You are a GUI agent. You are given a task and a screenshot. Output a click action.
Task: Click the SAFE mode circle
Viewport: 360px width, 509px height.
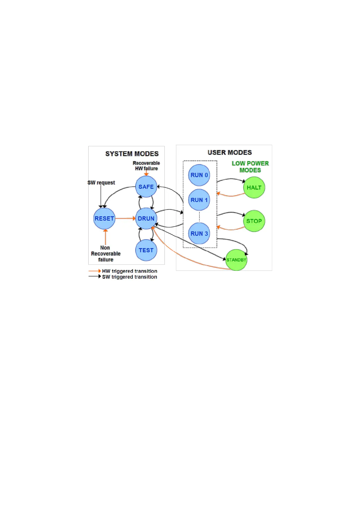click(146, 187)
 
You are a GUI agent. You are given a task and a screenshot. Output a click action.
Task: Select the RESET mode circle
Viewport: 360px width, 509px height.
click(104, 219)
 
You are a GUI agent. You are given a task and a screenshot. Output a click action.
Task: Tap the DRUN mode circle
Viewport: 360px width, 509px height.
click(146, 219)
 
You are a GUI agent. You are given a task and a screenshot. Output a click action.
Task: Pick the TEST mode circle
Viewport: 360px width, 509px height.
click(146, 250)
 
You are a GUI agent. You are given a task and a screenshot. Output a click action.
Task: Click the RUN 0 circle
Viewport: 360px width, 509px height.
click(199, 175)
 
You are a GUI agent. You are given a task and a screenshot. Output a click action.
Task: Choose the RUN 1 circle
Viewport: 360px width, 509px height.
click(199, 200)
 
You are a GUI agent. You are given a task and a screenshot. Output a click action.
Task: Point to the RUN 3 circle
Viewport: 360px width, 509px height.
click(199, 233)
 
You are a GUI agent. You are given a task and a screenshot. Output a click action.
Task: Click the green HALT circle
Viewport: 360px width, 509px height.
click(254, 188)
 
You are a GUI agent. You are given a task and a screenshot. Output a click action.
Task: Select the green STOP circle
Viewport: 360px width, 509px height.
click(254, 221)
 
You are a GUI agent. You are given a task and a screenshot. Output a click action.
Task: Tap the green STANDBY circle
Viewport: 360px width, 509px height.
click(236, 260)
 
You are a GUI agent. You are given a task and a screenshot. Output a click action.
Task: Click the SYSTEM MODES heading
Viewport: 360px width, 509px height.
click(132, 154)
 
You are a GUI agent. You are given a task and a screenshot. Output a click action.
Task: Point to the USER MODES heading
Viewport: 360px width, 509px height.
click(230, 152)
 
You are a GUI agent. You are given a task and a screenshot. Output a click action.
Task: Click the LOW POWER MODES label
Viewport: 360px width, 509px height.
click(250, 167)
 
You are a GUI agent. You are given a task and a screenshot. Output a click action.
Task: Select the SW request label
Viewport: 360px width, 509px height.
click(101, 183)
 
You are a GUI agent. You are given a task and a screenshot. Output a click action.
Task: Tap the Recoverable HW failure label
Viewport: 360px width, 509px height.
click(146, 166)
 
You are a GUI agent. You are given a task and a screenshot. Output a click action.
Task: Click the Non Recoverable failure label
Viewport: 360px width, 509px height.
click(106, 254)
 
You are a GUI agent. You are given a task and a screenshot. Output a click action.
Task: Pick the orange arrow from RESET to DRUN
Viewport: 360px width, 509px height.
click(125, 218)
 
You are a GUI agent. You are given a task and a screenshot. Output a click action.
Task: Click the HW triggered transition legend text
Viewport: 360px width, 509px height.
click(130, 271)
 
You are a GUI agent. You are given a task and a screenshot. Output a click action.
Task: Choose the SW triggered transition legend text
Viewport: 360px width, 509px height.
click(130, 277)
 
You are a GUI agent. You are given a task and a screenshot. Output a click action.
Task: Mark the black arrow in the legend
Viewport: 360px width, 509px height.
click(95, 276)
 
